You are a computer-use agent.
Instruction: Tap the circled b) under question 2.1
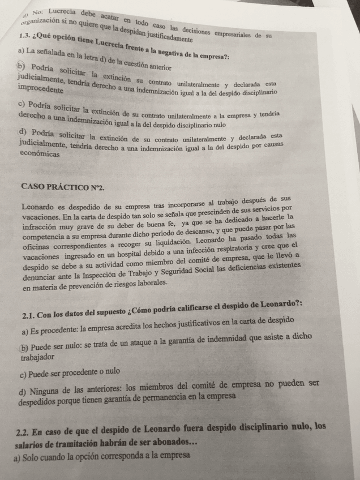[x=24, y=348]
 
